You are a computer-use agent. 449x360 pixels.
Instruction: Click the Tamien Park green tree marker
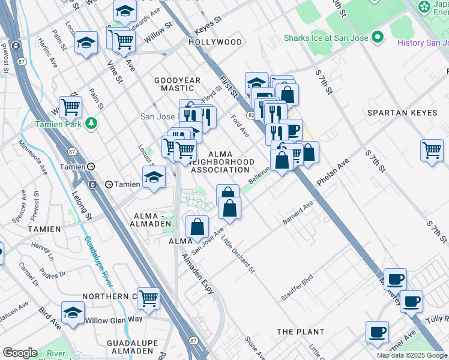91,123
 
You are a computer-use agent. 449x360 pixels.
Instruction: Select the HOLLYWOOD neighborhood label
215,43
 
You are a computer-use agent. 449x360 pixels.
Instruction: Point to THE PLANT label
300,332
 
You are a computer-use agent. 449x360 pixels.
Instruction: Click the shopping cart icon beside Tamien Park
70,106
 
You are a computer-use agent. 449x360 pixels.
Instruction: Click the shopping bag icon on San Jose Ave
197,227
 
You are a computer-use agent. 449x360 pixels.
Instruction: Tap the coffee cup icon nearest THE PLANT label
377,331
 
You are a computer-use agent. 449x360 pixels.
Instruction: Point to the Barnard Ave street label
298,214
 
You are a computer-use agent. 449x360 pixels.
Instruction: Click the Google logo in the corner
19,353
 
